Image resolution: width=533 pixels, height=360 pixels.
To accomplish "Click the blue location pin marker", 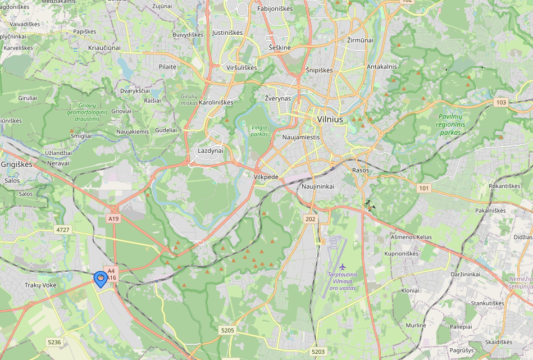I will click(101, 279).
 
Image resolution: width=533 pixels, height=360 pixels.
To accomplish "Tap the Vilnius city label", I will click(330, 119).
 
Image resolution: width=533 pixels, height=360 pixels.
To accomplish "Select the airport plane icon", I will click(342, 266).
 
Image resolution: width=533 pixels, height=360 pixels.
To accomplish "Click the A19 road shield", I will click(113, 218).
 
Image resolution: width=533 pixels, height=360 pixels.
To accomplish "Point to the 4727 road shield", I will click(63, 230).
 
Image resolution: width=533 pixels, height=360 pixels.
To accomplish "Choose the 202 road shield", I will click(310, 218).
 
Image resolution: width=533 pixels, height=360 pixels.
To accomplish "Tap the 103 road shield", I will click(501, 102).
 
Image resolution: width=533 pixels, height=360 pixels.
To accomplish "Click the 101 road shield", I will click(423, 188).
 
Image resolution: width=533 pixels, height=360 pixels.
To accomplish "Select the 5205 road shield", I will click(227, 330).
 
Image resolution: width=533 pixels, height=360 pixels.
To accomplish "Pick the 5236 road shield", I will click(54, 342).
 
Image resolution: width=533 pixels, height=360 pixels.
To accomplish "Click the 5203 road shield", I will click(318, 352).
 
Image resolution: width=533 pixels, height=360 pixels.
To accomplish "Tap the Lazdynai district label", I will click(211, 151).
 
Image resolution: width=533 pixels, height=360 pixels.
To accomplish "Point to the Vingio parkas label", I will click(259, 130).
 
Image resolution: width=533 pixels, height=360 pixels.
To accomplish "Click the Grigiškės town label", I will click(17, 165).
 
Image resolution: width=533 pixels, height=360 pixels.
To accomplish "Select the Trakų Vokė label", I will click(40, 285).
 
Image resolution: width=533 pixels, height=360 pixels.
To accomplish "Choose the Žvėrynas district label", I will click(278, 98).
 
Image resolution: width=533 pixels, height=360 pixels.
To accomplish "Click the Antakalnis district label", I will click(382, 66).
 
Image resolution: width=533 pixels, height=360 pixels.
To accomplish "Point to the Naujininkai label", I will click(318, 186).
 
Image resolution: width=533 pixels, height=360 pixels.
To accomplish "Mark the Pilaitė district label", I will click(167, 66).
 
